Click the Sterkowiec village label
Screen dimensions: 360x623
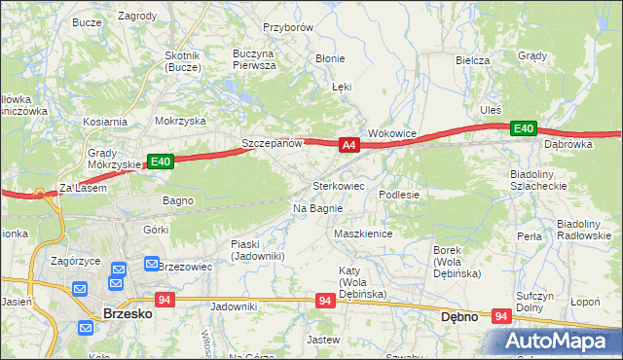338,185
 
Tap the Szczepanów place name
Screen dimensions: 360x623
273,143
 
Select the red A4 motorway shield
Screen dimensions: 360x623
350,146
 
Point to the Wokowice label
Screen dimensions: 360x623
392,133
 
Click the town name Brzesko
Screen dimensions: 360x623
125,314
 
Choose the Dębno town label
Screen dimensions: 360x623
458,316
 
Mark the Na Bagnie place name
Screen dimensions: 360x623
317,208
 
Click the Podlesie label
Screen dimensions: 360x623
399,195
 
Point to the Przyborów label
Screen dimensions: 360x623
288,28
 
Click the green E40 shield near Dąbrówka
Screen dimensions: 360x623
524,128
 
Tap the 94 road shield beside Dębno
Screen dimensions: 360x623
502,316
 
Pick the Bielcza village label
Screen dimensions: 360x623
472,59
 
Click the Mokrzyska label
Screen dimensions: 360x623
180,122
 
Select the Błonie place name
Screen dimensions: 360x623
330,57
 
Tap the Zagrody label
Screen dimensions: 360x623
137,17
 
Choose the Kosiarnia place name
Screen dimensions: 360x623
105,122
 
